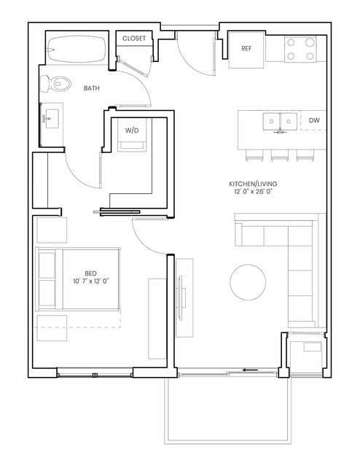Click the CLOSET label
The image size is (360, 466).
134,39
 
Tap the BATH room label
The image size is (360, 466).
92,88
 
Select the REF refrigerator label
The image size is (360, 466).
246,48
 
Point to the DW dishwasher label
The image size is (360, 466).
314,120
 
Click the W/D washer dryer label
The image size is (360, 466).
132,130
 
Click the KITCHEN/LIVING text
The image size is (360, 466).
253,184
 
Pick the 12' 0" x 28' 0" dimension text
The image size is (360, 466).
253,191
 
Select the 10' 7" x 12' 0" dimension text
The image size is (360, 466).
91,281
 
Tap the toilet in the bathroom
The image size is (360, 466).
55,84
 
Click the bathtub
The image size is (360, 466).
77,49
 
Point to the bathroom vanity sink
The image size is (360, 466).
52,119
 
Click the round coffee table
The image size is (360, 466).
248,282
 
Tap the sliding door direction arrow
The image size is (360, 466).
250,370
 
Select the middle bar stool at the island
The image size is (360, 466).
280,155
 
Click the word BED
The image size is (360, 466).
90,273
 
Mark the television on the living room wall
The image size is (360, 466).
181,298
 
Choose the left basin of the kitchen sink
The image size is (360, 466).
271,121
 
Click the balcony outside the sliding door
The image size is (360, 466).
228,410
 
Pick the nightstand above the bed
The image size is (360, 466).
52,230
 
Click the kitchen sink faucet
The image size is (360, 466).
280,132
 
